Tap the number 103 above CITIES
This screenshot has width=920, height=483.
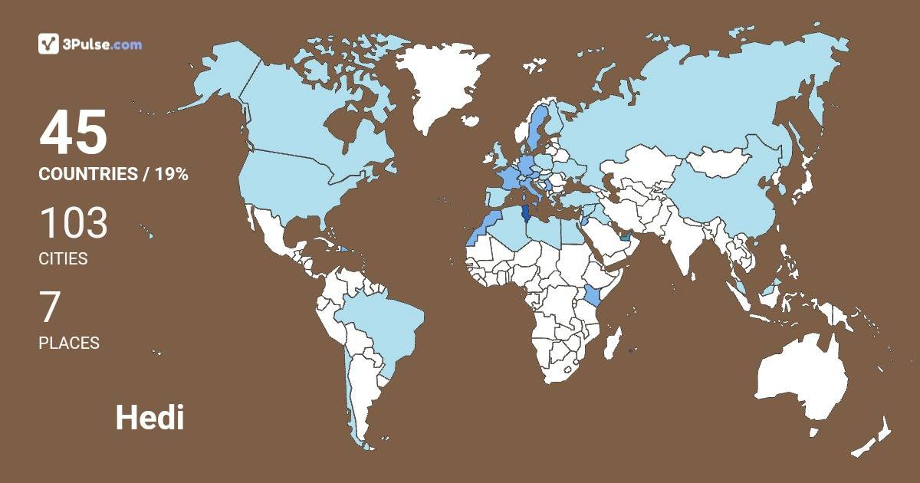[x=74, y=224]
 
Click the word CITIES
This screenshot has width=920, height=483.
[x=63, y=259]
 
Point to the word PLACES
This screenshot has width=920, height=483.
[x=69, y=343]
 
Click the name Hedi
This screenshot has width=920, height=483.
[x=149, y=418]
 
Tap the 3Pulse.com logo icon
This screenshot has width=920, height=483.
[x=48, y=44]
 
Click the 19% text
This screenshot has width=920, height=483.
[x=172, y=174]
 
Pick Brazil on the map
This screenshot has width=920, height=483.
[x=383, y=322]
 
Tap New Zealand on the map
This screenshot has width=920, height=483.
[x=874, y=437]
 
